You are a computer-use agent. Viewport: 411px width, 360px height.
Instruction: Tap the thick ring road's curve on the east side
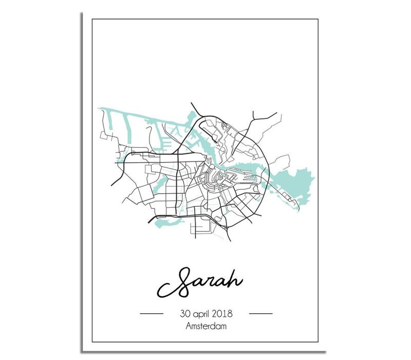[x=267, y=165]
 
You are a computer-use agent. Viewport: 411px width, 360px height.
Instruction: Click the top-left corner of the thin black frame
[x=92, y=20]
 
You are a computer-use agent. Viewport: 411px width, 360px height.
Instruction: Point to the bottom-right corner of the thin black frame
[x=319, y=341]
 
